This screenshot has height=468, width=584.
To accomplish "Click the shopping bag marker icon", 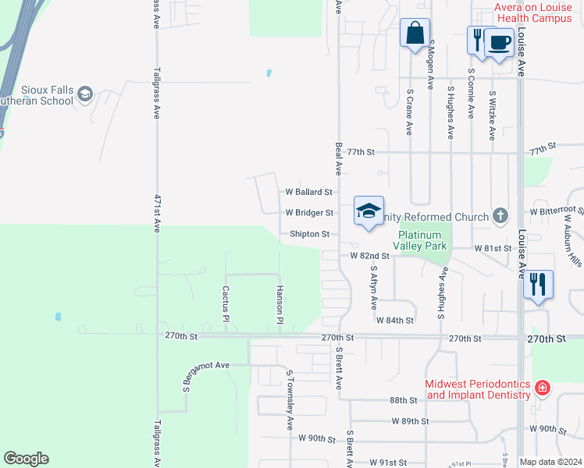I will (x=415, y=34).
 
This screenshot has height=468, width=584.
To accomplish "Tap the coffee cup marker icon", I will (x=499, y=42).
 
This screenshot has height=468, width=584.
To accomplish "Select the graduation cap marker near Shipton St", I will (x=369, y=211).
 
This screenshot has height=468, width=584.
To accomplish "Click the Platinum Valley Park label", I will (x=423, y=240).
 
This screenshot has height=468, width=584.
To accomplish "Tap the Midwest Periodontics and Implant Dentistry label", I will (x=479, y=389).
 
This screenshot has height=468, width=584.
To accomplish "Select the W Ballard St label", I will (x=308, y=191).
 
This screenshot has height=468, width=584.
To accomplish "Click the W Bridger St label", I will (x=309, y=212).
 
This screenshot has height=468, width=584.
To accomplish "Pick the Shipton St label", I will (x=310, y=234).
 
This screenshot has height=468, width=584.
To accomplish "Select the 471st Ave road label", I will (x=157, y=213).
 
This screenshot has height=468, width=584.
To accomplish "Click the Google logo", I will (x=26, y=459).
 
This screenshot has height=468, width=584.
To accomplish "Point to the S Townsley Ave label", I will (x=289, y=399).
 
